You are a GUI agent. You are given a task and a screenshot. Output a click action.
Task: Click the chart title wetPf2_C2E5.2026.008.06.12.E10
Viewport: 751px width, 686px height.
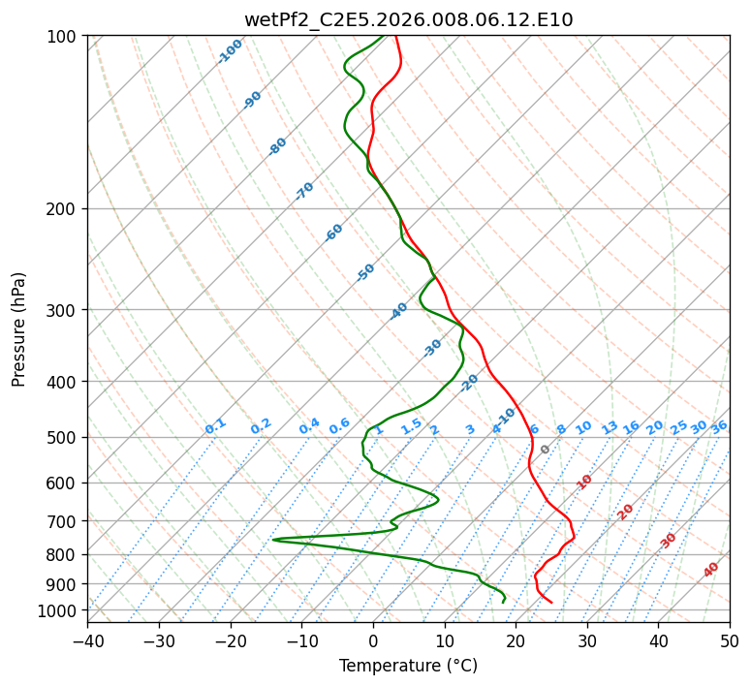[x=409, y=20]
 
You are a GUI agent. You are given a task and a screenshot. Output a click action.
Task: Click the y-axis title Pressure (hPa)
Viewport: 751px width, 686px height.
[x=18, y=329]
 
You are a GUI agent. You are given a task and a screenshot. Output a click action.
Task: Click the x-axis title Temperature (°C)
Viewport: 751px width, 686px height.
[x=409, y=666]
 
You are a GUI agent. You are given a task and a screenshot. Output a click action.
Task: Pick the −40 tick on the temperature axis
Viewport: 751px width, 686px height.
[x=87, y=641]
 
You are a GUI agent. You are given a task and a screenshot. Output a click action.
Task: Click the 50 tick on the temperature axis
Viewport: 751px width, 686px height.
[x=730, y=641]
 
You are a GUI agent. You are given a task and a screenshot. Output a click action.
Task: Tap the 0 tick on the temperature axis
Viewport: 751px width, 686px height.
[x=373, y=641]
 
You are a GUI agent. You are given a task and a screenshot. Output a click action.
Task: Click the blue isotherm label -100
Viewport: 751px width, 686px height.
[x=230, y=51]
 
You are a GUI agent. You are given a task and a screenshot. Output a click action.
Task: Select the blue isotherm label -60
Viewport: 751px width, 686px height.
[x=333, y=233]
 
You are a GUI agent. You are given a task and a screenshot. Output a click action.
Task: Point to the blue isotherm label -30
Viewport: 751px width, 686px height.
[x=432, y=348]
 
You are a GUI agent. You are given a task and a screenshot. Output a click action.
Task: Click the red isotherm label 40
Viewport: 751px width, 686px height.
[x=710, y=570]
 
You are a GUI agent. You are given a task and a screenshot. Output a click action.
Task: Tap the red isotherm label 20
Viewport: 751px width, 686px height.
[x=625, y=513]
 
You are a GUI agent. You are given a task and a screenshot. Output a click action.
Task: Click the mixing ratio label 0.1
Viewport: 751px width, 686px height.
[x=215, y=426]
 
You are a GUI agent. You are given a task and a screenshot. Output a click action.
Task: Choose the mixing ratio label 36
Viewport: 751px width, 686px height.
[x=719, y=427]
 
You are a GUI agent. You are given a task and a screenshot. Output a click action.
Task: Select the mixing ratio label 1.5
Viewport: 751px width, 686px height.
[x=411, y=426]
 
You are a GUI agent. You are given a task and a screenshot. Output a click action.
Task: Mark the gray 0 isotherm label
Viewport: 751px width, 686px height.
[x=545, y=450]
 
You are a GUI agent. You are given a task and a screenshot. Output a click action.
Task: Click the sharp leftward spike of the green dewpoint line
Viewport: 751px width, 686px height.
[x=273, y=540]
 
